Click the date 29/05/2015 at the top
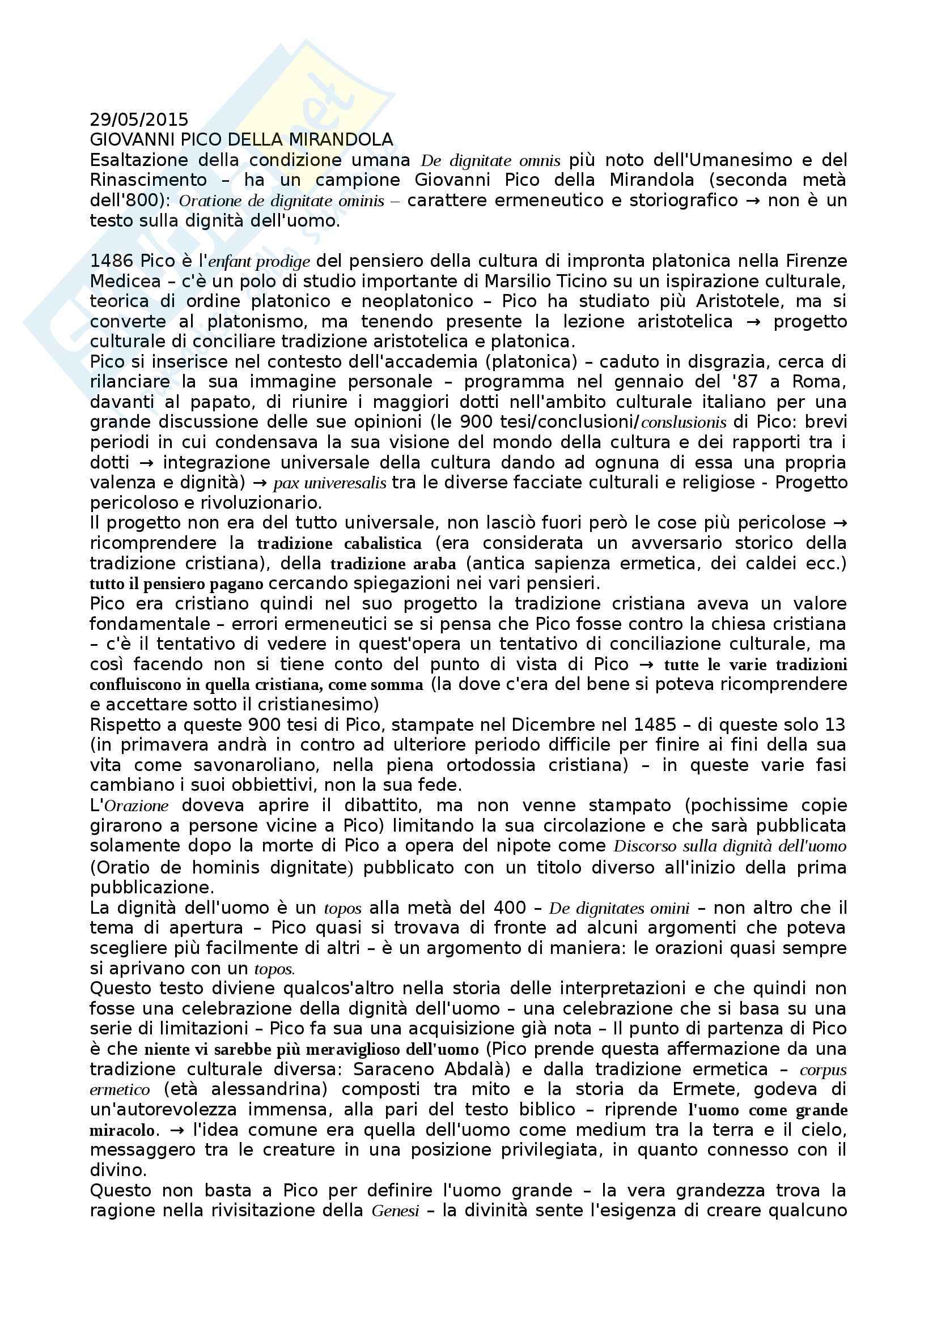pyautogui.click(x=139, y=120)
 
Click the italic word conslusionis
pyautogui.click(x=684, y=423)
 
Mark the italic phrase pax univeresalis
pyautogui.click(x=330, y=483)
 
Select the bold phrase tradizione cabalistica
pyautogui.click(x=340, y=544)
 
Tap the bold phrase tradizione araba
pyautogui.click(x=393, y=564)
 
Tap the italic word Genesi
pyautogui.click(x=396, y=1211)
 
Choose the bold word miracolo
pyautogui.click(x=122, y=1131)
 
